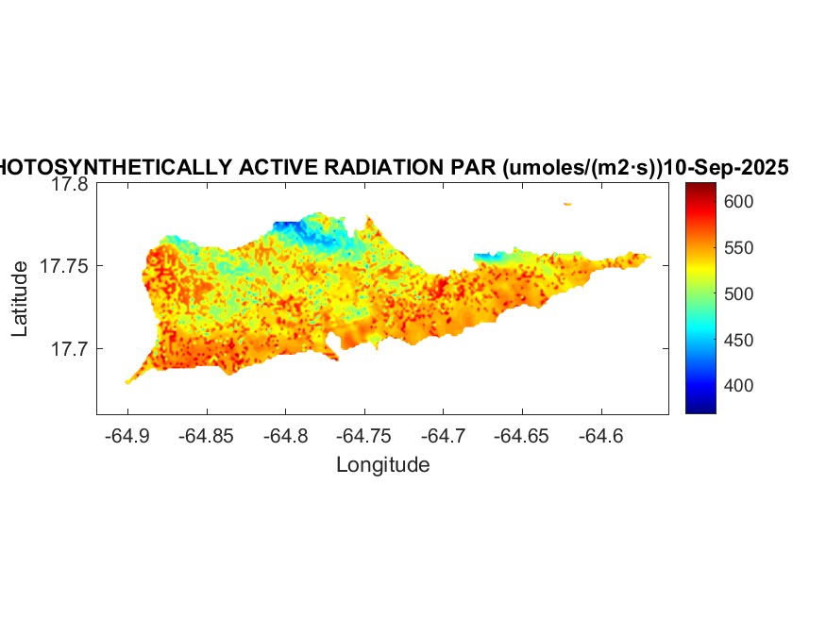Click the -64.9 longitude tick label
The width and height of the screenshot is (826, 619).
click(126, 436)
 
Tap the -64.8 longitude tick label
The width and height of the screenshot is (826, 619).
click(285, 436)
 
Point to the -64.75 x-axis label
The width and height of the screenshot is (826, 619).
click(364, 436)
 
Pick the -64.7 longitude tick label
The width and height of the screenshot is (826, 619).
click(444, 436)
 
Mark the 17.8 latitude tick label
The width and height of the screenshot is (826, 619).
click(69, 186)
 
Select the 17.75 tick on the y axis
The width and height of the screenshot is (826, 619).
click(64, 267)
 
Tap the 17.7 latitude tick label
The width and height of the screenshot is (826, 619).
click(69, 349)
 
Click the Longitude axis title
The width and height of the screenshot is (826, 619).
click(382, 465)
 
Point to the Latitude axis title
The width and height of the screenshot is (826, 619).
click(21, 300)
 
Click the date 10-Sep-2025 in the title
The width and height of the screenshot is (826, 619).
click(726, 168)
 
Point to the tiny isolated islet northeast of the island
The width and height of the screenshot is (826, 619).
click(567, 204)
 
